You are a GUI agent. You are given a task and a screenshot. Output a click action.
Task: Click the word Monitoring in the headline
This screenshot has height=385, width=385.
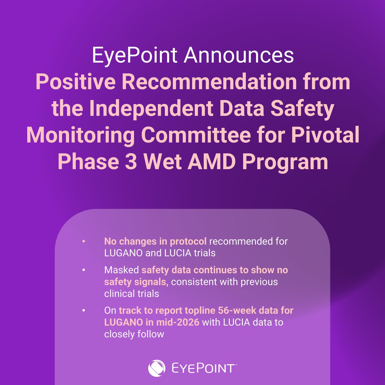[80, 135]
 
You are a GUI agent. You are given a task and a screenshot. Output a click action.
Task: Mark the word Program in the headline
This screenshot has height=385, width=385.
[285, 162]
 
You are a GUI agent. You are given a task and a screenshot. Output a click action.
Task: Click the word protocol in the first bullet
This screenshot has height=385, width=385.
[188, 241]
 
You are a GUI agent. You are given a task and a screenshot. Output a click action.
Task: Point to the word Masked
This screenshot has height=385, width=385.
[121, 270]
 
